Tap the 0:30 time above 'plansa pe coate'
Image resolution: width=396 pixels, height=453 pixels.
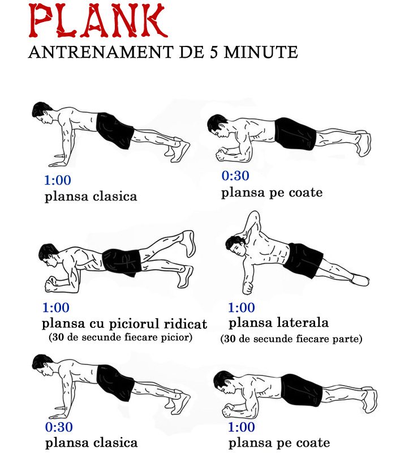(x=235, y=176)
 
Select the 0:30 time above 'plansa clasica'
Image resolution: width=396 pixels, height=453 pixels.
(x=59, y=427)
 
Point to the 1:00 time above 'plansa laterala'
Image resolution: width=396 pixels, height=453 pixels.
(x=242, y=308)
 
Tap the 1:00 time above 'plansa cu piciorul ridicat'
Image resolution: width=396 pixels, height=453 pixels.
(x=56, y=308)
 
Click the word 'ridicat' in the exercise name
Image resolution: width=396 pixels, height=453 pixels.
(x=183, y=324)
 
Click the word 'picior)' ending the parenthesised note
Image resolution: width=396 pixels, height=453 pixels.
(x=175, y=338)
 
